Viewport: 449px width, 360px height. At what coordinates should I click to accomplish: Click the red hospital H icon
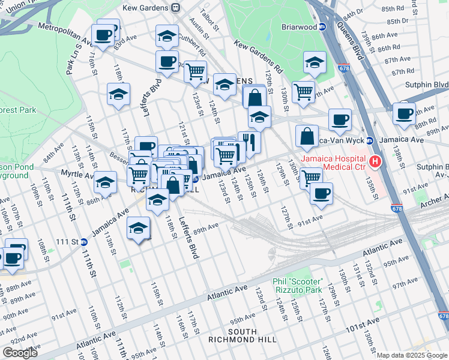(x=376, y=161)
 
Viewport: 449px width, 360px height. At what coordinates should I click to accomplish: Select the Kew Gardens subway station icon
(x=175, y=8)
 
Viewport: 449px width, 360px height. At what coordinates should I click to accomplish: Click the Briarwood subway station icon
(x=322, y=26)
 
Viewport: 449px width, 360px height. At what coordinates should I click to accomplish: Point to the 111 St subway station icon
(x=84, y=242)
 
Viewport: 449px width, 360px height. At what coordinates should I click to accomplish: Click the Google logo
(x=20, y=352)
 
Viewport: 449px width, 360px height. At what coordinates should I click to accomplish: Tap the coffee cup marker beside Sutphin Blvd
(x=404, y=113)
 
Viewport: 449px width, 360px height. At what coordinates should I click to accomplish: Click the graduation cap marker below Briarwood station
(x=315, y=62)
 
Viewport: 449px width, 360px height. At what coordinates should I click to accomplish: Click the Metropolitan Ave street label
(x=65, y=34)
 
